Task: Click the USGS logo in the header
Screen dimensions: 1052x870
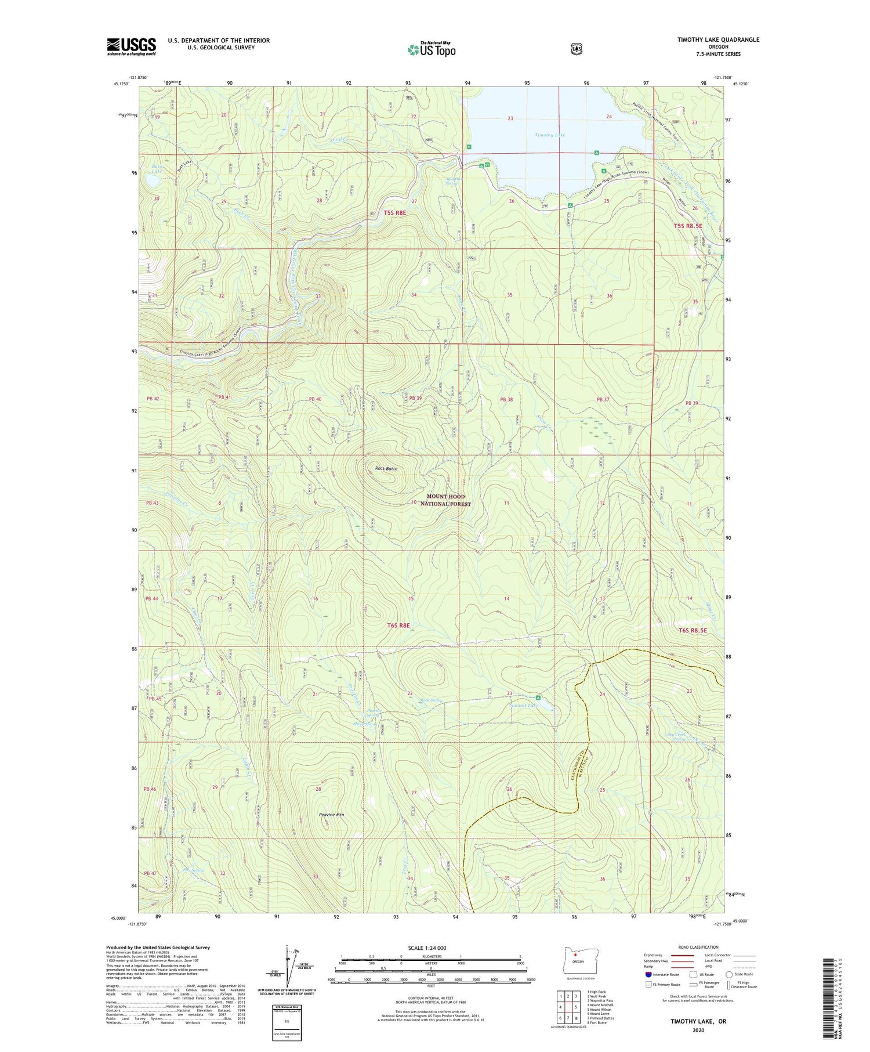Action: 131,46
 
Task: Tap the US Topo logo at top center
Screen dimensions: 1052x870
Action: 432,49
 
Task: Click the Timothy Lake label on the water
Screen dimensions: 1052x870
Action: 549,135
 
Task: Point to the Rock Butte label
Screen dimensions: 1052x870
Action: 386,468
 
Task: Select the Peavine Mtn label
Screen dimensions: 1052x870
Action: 332,815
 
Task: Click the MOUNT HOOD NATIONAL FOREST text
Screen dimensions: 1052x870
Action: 445,500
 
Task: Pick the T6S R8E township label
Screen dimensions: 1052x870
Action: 398,626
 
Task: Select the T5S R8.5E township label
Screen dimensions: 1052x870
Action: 688,226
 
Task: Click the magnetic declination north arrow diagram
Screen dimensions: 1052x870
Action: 288,966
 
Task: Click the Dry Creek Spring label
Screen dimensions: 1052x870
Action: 676,737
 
